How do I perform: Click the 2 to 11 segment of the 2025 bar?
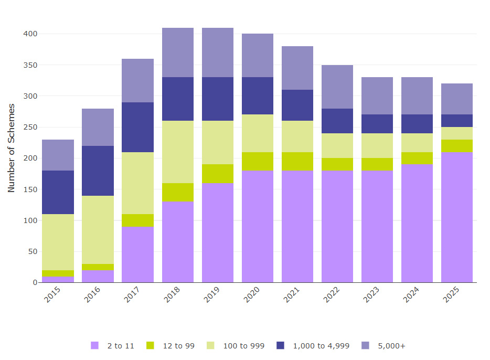[456, 217]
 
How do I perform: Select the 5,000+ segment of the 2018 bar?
[178, 52]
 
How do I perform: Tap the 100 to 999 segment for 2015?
[58, 242]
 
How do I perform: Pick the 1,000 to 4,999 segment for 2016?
[98, 171]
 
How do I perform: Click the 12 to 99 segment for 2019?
[218, 174]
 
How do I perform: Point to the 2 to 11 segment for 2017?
[138, 255]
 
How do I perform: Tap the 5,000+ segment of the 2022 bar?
[337, 87]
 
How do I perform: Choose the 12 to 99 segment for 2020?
[258, 161]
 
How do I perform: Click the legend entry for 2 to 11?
[112, 346]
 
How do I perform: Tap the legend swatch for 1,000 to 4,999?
[280, 345]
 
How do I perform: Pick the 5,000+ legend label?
[391, 346]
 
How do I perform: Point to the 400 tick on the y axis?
[30, 34]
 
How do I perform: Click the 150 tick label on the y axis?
[30, 189]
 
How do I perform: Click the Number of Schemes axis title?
[12, 148]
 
